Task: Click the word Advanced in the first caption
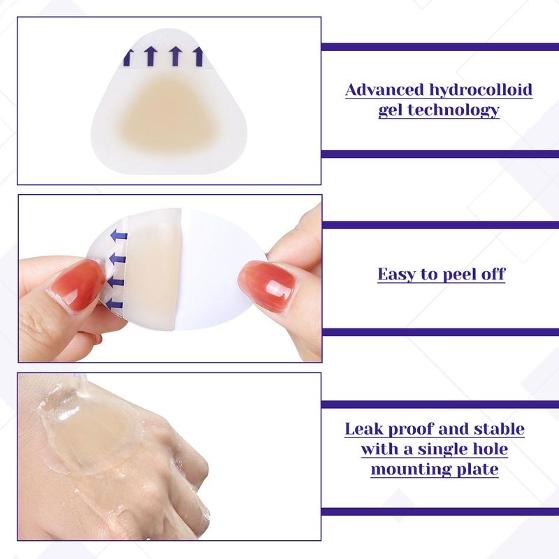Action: (384, 89)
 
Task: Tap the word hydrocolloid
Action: (481, 90)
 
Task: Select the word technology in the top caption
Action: (453, 110)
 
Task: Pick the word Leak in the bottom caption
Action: (364, 429)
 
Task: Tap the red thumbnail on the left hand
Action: (78, 286)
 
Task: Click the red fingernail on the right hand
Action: (268, 284)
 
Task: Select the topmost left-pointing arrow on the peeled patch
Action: (119, 235)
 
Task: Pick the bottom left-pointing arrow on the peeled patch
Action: (114, 304)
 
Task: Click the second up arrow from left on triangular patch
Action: (151, 56)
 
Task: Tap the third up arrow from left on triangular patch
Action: (175, 56)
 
